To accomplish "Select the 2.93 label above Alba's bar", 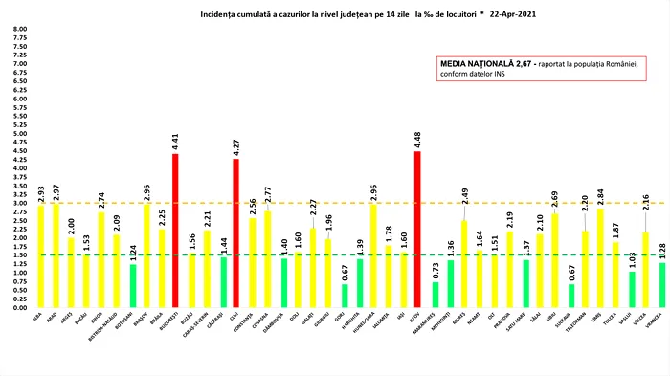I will pos(40,191).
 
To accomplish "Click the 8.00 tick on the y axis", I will pos(19,29).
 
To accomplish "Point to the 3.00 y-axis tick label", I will pos(19,204).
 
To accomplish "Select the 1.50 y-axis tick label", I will pos(19,255).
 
